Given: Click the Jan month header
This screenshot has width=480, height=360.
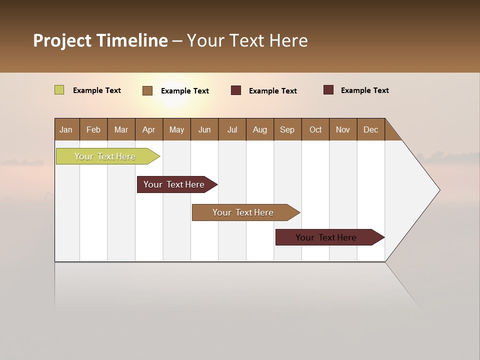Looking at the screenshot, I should click(66, 129).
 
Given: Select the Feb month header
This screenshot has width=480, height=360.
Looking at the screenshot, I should click(93, 129).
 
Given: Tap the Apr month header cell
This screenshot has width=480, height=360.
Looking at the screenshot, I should click(149, 129).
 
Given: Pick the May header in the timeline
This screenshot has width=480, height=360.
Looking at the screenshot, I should click(176, 129).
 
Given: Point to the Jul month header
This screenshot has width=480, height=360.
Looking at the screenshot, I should click(232, 129).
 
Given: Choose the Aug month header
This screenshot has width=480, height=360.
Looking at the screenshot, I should click(260, 129).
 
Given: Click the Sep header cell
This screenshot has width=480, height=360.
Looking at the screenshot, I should click(287, 129).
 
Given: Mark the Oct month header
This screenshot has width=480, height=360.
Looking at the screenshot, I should click(315, 129).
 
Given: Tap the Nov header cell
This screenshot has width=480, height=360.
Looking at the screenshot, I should click(343, 129).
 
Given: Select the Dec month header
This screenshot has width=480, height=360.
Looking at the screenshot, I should click(371, 129).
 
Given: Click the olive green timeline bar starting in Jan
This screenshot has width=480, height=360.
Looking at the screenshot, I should click(105, 156).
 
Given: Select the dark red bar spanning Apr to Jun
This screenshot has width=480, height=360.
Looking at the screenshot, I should click(174, 184).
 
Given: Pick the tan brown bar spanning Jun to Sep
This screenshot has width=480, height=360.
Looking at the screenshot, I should click(243, 212).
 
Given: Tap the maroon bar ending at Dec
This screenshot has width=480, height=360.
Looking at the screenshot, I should click(326, 237).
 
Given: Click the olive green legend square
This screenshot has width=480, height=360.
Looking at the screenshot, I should click(59, 90).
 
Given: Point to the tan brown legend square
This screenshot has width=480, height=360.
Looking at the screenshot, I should click(147, 90).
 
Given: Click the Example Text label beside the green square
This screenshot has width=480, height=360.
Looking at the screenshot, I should click(97, 90).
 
